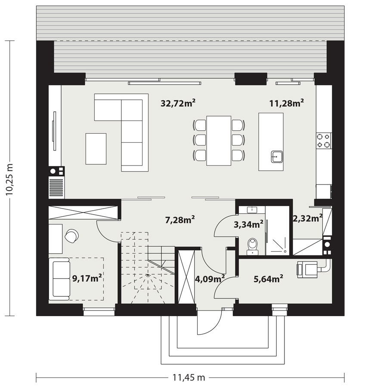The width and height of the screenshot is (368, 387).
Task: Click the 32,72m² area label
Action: (x=178, y=103)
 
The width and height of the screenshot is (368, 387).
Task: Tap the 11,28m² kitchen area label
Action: (x=287, y=103)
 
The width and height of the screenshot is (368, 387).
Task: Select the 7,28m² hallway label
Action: (x=180, y=220)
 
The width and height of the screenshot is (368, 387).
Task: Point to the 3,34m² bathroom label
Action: (x=249, y=224)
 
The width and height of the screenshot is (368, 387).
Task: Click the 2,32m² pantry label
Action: (x=307, y=218)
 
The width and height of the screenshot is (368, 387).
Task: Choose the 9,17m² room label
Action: (x=87, y=278)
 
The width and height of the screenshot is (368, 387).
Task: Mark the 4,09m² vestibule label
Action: (x=210, y=279)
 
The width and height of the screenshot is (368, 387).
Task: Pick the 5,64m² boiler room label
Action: (x=268, y=279)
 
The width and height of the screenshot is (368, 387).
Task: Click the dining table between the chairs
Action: (x=219, y=140)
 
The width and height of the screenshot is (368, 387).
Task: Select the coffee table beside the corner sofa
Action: (x=96, y=148)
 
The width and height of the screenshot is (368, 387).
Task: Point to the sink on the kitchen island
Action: (x=276, y=156)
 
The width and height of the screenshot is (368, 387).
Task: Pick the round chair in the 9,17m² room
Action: (x=71, y=235)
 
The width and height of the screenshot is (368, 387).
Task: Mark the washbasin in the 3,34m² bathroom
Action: (x=251, y=210)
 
